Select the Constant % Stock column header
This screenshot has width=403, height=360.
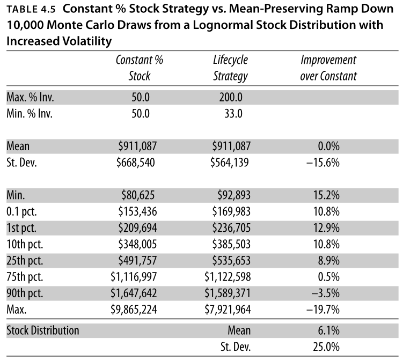[x=139, y=68]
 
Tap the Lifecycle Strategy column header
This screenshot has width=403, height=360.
[x=230, y=68]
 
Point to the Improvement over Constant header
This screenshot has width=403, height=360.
[x=328, y=68]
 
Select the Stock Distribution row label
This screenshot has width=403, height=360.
[x=42, y=329]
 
